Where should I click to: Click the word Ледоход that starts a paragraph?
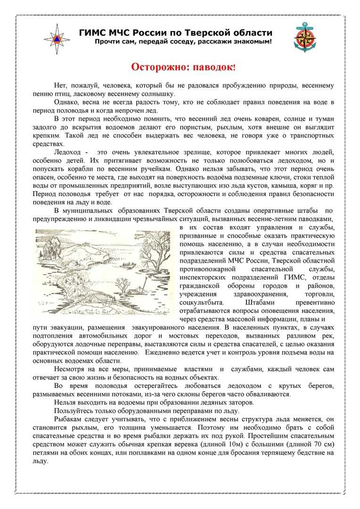[x=69, y=152]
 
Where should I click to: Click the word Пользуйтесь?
[x=77, y=410]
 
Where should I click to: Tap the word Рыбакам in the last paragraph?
[x=68, y=419]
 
